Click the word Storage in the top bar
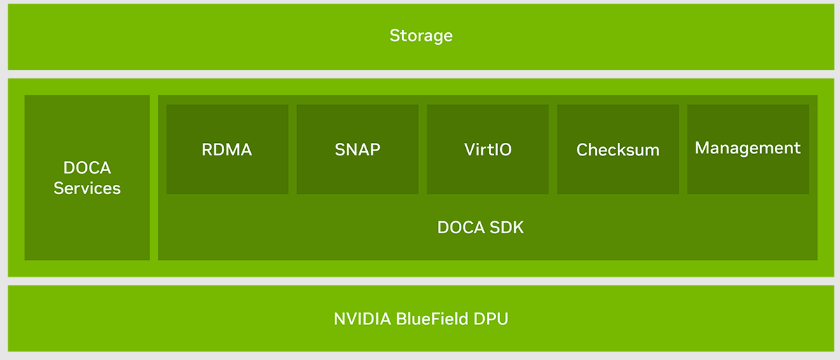click(x=420, y=36)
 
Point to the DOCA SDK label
click(x=481, y=228)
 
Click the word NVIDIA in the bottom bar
click(x=362, y=319)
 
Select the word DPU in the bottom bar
click(x=490, y=319)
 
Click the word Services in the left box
click(x=87, y=188)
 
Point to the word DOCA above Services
click(x=87, y=168)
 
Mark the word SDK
click(x=507, y=228)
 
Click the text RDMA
click(x=227, y=149)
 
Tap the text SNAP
click(x=357, y=149)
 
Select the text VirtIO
click(x=488, y=149)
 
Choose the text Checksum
click(x=618, y=150)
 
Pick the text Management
click(x=748, y=148)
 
